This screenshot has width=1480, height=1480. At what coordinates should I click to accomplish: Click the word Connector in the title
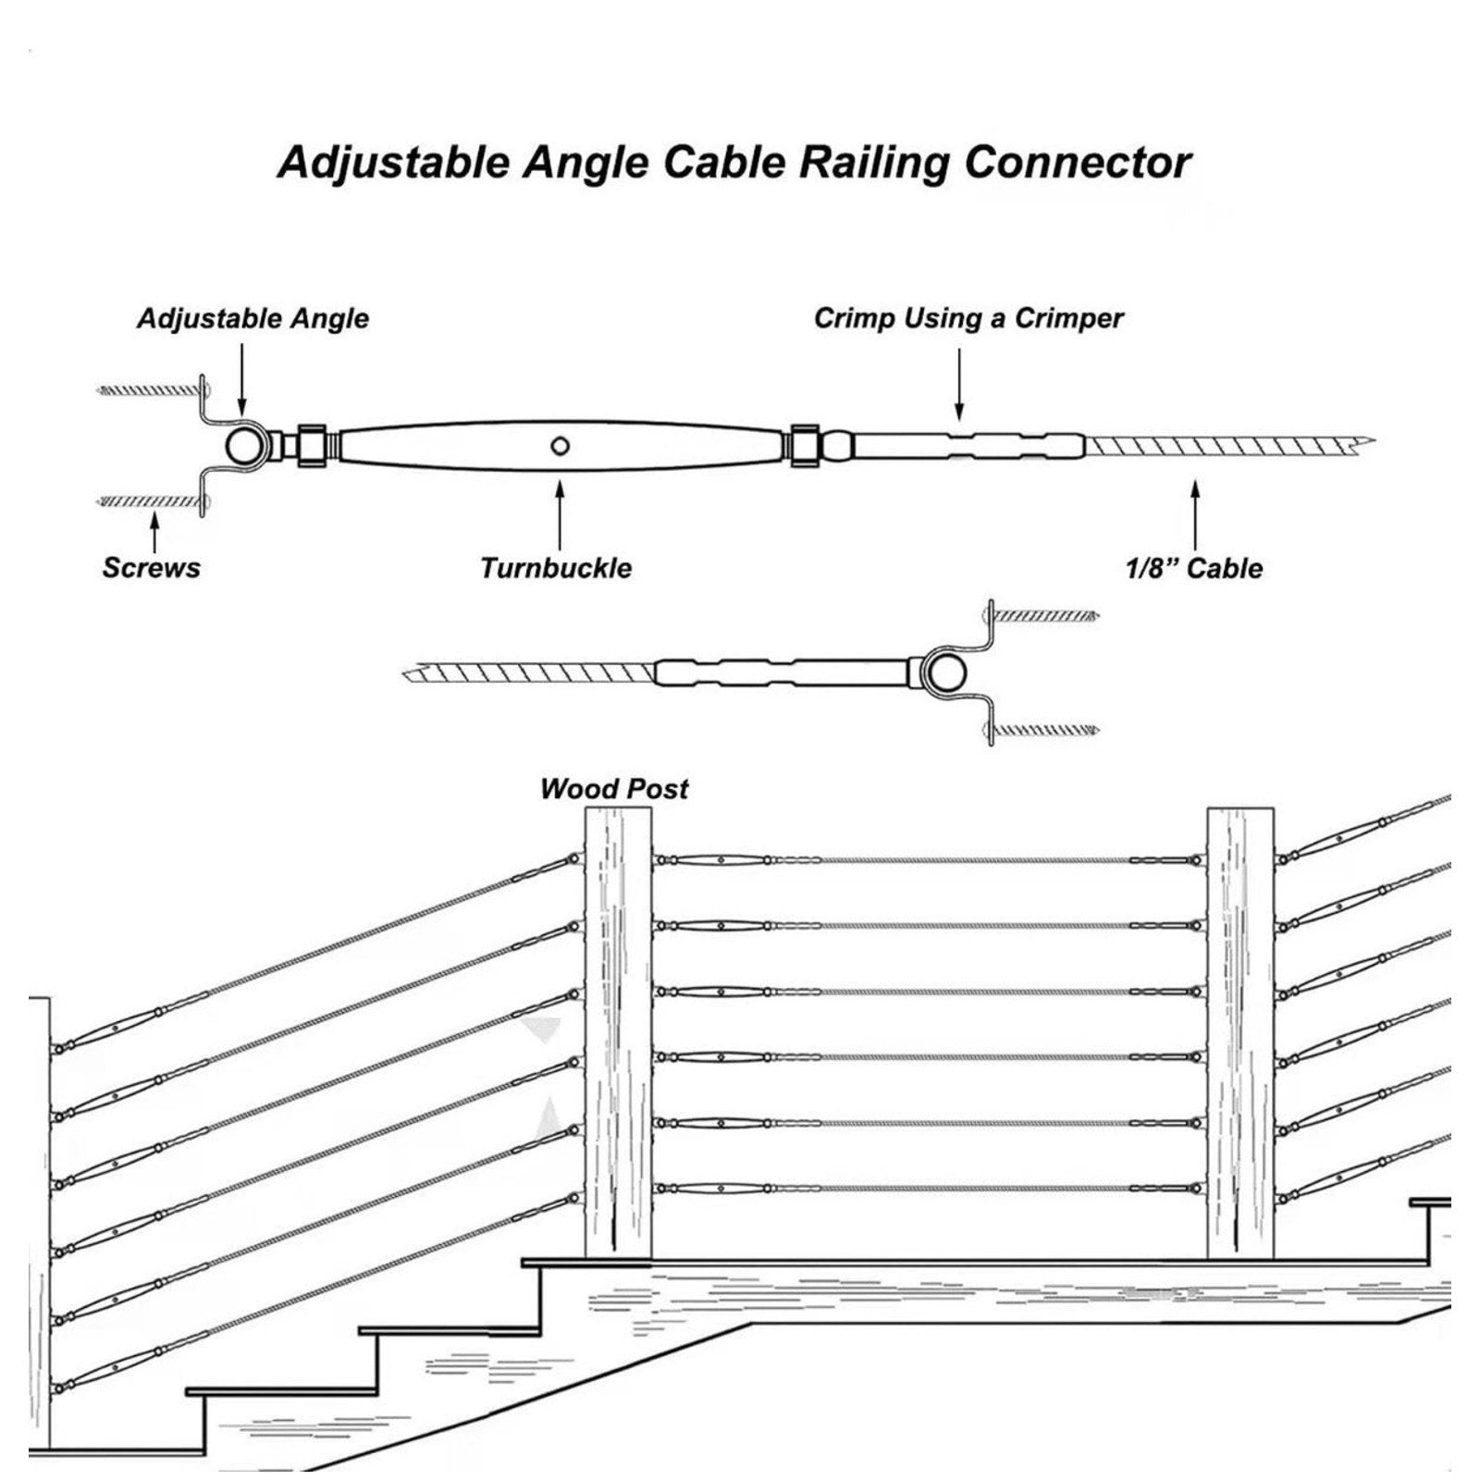click(1078, 162)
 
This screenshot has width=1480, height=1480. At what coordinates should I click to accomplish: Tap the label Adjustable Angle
click(253, 319)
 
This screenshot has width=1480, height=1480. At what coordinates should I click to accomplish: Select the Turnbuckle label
click(556, 567)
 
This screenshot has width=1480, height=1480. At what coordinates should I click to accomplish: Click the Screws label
click(151, 567)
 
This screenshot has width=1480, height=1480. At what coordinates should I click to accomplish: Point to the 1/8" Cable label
click(1193, 567)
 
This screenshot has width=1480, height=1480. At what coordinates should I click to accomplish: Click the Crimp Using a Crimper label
click(968, 318)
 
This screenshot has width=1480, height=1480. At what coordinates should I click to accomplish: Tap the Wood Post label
click(614, 789)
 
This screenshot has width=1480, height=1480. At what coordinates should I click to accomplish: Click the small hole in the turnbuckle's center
click(559, 447)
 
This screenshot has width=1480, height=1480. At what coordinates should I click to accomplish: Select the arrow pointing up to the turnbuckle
click(559, 517)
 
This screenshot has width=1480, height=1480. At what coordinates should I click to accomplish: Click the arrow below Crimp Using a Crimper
click(959, 382)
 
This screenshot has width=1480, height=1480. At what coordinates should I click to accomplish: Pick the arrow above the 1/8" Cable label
click(1195, 515)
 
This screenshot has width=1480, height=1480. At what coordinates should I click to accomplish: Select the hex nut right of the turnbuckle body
click(805, 446)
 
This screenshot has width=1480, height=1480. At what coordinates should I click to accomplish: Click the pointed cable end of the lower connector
click(406, 672)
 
